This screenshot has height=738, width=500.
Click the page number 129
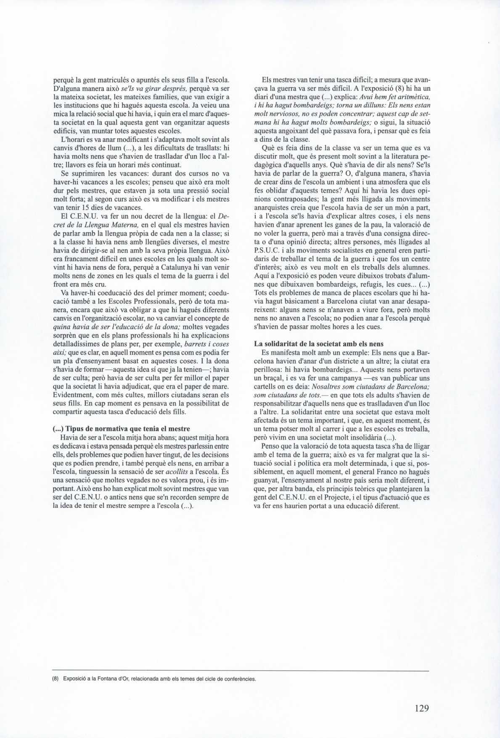pyautogui.click(x=421, y=708)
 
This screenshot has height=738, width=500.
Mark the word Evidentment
pyautogui.click(x=74, y=396)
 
